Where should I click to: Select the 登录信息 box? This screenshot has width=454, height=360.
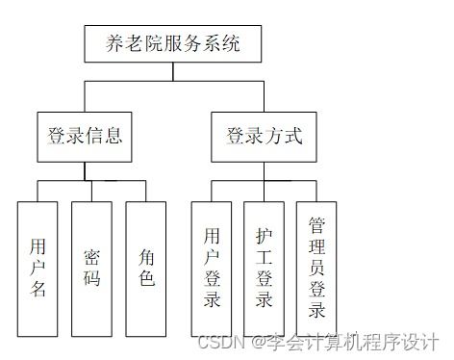tap(85, 136)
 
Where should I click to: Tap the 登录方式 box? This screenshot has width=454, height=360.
tap(263, 136)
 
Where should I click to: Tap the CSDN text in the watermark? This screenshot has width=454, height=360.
tap(218, 342)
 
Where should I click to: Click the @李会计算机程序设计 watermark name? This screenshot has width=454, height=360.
tap(345, 342)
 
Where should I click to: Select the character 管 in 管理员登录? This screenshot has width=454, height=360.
tap(317, 224)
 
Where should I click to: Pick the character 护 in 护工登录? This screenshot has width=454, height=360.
tap(265, 234)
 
